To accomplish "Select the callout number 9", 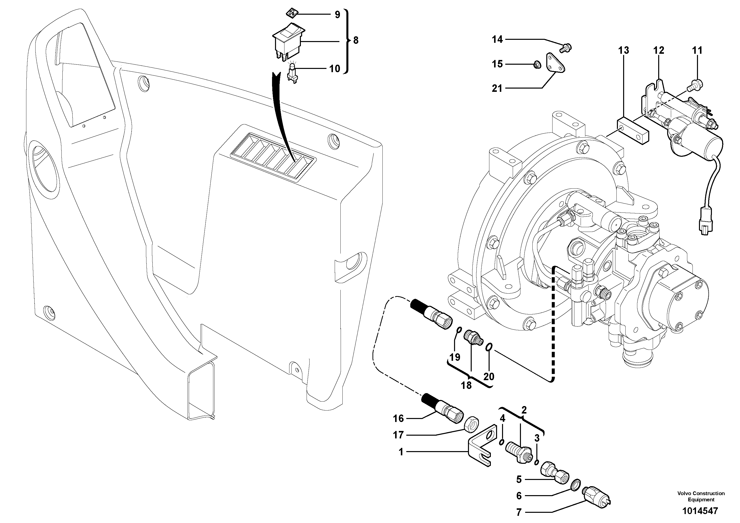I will point(337,14).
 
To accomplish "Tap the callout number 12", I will point(659,50).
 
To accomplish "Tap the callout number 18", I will point(466,385).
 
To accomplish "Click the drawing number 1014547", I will point(700,511).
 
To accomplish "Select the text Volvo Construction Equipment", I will point(701,497).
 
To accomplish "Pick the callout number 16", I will point(398,418).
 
